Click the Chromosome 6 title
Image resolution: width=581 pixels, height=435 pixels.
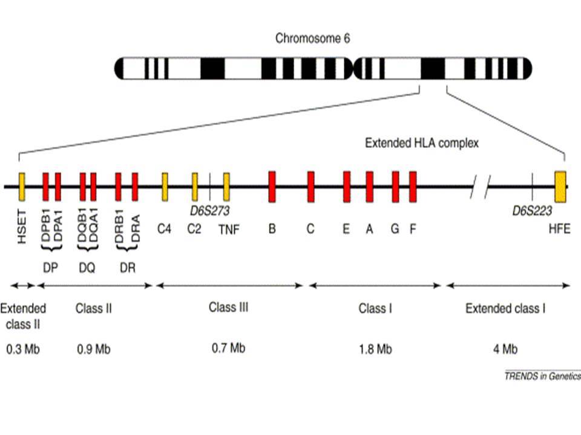[x=312, y=38]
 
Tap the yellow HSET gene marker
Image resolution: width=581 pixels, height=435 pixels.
[x=22, y=187]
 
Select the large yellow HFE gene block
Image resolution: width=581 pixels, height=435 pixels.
[x=560, y=187]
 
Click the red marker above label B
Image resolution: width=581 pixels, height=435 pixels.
[x=272, y=187]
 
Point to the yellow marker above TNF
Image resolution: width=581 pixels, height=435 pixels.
[x=226, y=187]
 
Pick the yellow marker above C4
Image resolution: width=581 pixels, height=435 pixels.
[x=165, y=187]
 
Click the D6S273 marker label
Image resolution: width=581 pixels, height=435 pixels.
[x=210, y=210]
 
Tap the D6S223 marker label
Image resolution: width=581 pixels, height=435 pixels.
[x=532, y=210]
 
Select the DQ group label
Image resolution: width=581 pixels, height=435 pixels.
[x=87, y=268]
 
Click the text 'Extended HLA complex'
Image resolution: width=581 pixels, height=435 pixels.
[x=422, y=143]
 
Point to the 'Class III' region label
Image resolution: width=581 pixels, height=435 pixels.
[x=228, y=307]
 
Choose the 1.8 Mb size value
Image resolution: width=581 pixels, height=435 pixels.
[x=375, y=349]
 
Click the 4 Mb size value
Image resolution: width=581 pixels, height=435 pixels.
[x=505, y=349]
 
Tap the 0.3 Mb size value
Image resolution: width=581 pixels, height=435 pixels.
[x=23, y=349]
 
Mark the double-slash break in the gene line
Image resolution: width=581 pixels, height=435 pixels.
[x=481, y=187]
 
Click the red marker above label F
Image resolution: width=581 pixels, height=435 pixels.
[x=413, y=187]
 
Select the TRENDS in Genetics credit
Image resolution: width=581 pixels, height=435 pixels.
[x=543, y=376]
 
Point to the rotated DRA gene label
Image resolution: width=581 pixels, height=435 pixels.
[x=135, y=228]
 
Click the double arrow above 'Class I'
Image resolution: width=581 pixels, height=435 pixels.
[x=375, y=286]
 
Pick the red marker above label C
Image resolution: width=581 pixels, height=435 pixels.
[x=311, y=187]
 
